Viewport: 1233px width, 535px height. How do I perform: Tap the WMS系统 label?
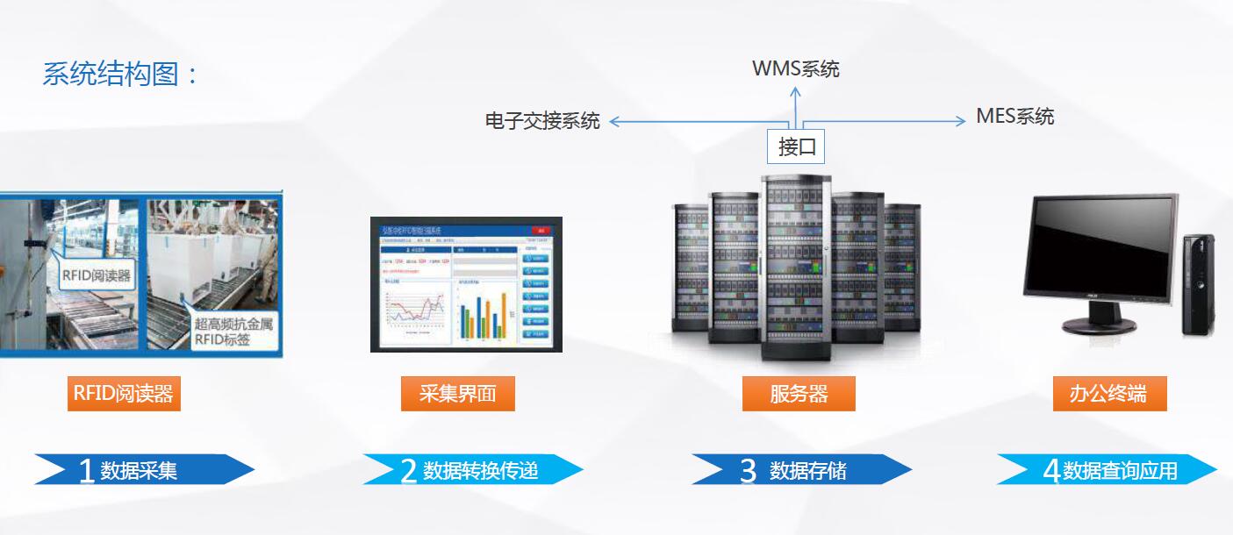point(795,69)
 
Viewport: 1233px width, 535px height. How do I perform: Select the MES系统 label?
point(1014,117)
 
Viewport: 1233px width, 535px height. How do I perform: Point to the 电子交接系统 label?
point(542,121)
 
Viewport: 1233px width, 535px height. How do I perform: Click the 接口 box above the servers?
point(796,146)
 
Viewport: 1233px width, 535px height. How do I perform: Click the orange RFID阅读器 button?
point(124,394)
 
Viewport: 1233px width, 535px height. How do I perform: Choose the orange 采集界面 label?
point(457,394)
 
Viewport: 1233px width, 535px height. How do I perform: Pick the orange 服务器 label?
point(799,394)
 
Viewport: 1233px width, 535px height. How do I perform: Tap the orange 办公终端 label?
point(1109,394)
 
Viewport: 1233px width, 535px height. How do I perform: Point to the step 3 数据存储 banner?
point(801,470)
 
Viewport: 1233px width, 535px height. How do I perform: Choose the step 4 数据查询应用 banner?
point(1108,470)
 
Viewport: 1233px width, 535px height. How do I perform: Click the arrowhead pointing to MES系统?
point(960,122)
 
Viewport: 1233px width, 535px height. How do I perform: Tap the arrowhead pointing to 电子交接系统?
point(614,122)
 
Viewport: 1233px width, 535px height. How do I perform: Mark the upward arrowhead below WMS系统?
point(796,90)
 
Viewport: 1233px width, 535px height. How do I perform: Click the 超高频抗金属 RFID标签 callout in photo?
point(233,331)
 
